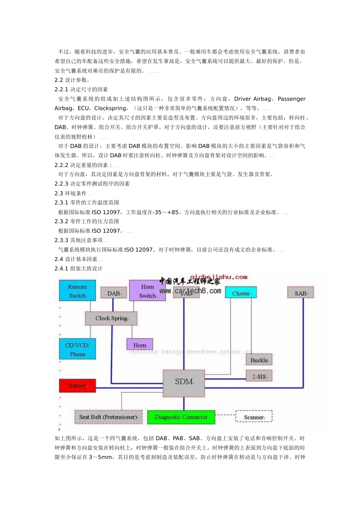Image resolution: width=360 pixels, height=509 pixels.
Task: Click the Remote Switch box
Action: [x=77, y=291]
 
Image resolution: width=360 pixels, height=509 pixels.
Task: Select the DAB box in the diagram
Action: [x=114, y=293]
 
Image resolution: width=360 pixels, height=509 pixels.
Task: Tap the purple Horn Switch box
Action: [x=147, y=291]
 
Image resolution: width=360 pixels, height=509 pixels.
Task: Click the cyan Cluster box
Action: [x=241, y=293]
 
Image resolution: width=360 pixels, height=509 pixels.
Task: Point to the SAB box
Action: [x=301, y=293]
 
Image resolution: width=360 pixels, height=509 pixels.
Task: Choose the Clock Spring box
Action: [x=111, y=318]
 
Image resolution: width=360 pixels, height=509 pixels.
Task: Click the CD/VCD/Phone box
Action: [x=77, y=349]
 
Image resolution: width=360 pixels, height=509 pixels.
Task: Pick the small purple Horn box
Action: [x=139, y=345]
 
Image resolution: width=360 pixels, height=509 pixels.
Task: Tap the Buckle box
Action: [x=259, y=360]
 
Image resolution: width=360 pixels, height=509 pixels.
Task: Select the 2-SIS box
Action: [x=259, y=376]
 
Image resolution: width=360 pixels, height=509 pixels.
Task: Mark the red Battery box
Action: [x=77, y=386]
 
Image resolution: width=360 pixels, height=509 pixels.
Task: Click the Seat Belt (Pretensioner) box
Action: [x=108, y=417]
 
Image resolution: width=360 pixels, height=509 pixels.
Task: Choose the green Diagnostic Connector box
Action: [x=181, y=417]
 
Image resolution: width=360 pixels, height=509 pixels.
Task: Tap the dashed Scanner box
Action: [x=254, y=417]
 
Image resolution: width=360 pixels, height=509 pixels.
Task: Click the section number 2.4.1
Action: [x=61, y=269]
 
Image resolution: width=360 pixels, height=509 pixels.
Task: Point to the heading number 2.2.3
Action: [x=61, y=184]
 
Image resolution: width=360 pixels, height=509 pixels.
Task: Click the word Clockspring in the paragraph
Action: [x=110, y=108]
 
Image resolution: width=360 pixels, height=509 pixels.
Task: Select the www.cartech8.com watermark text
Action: [x=190, y=291]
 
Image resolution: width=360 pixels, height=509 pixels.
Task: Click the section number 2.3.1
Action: [x=61, y=203]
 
